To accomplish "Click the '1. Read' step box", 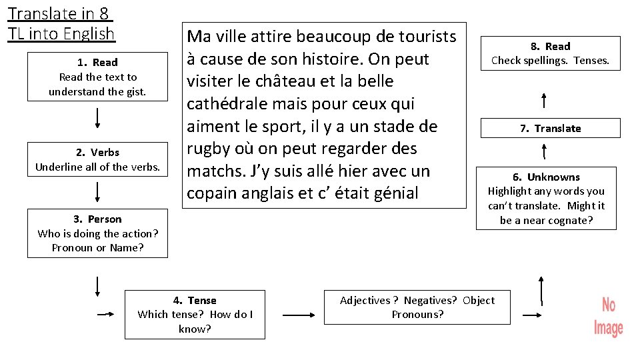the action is (x=97, y=77).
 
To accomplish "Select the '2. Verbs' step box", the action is (x=97, y=160).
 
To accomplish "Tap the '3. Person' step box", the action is (x=97, y=233).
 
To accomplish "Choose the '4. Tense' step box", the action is (x=195, y=314).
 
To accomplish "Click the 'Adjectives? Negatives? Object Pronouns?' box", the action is (x=417, y=307).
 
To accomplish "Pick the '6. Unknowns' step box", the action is (x=546, y=198).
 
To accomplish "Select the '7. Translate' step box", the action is (x=550, y=128).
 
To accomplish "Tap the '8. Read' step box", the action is (x=550, y=53).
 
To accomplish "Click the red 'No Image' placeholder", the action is (x=608, y=317).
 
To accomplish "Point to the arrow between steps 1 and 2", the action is (x=98, y=117).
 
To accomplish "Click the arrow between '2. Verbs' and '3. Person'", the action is (x=98, y=192).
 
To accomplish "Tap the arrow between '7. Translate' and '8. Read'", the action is (x=545, y=101).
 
